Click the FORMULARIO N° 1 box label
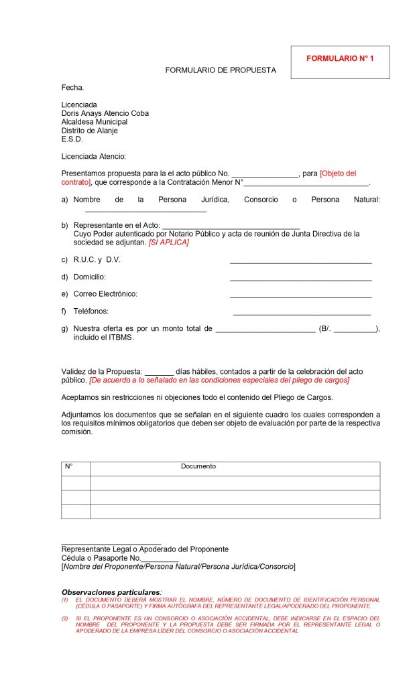coord(340,59)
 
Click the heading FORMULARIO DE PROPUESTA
coord(221,70)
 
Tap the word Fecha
coord(72,87)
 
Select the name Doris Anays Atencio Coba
coord(105,113)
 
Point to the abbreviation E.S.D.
coord(72,139)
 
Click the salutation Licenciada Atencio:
coord(93,156)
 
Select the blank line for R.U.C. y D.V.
coord(300,263)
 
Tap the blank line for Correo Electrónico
coord(300,297)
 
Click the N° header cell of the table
coord(68,466)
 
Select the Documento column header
coord(198,466)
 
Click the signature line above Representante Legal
coord(111,544)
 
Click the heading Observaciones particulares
coord(111,592)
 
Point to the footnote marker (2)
coord(65,618)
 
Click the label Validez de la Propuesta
coord(101,371)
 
